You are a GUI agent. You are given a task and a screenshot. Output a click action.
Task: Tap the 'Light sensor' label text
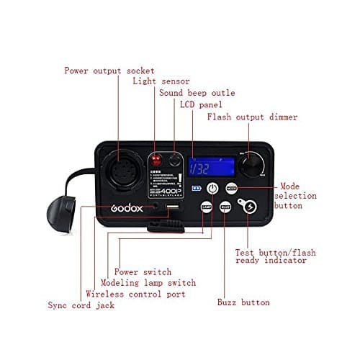[x=162, y=81]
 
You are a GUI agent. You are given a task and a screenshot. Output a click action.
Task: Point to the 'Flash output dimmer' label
[x=252, y=117]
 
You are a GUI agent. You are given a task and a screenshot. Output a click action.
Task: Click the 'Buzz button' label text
[x=243, y=303]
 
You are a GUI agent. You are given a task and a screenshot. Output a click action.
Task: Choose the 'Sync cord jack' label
[x=81, y=305]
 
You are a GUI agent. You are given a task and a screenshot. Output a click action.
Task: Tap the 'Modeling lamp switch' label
[x=148, y=283]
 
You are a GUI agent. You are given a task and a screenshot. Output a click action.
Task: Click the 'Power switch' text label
[x=143, y=272]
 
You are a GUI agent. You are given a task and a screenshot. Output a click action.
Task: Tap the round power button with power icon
[x=212, y=189]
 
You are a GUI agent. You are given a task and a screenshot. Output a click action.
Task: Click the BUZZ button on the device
[x=225, y=207]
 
